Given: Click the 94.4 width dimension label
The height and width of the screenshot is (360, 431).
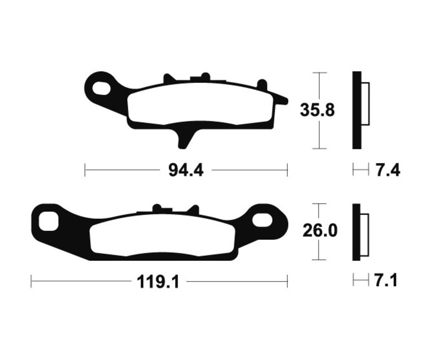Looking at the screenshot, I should (186, 170).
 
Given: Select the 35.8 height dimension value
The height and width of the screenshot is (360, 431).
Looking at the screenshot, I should (317, 110).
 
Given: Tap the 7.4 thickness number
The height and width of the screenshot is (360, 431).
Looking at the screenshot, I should (387, 170).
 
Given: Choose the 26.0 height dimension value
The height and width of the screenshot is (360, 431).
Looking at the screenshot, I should (319, 231).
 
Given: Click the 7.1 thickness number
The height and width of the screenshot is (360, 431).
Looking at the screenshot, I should (386, 281).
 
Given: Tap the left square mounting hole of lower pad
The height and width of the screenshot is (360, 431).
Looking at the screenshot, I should (49, 220).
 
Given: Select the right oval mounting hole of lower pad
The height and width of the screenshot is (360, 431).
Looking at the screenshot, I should (262, 220).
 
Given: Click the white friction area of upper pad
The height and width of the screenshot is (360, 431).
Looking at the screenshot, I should (201, 105).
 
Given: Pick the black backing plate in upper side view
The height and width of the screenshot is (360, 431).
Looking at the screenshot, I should (356, 110).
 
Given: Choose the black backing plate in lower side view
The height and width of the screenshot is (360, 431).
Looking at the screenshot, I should (356, 232).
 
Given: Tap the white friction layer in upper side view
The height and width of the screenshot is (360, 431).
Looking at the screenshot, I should (365, 104).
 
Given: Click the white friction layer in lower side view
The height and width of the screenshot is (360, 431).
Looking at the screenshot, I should (364, 232).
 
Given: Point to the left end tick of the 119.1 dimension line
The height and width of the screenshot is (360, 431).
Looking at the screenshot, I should (31, 281).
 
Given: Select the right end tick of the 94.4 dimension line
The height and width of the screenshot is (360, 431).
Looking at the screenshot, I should (287, 170).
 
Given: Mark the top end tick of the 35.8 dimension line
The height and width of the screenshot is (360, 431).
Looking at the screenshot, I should (319, 73).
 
